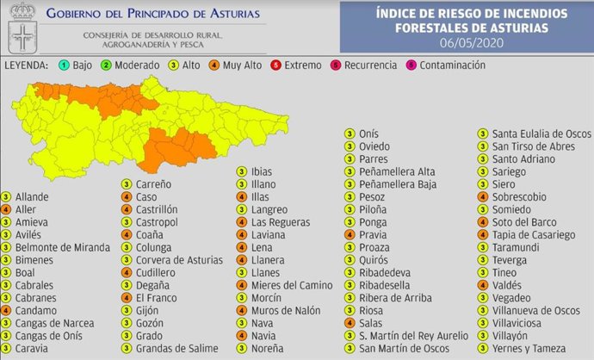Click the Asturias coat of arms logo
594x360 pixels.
pos(20,28)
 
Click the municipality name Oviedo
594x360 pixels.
pos(374,146)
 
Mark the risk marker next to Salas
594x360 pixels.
pos(350,323)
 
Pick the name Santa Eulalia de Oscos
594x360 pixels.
pos(541,133)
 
